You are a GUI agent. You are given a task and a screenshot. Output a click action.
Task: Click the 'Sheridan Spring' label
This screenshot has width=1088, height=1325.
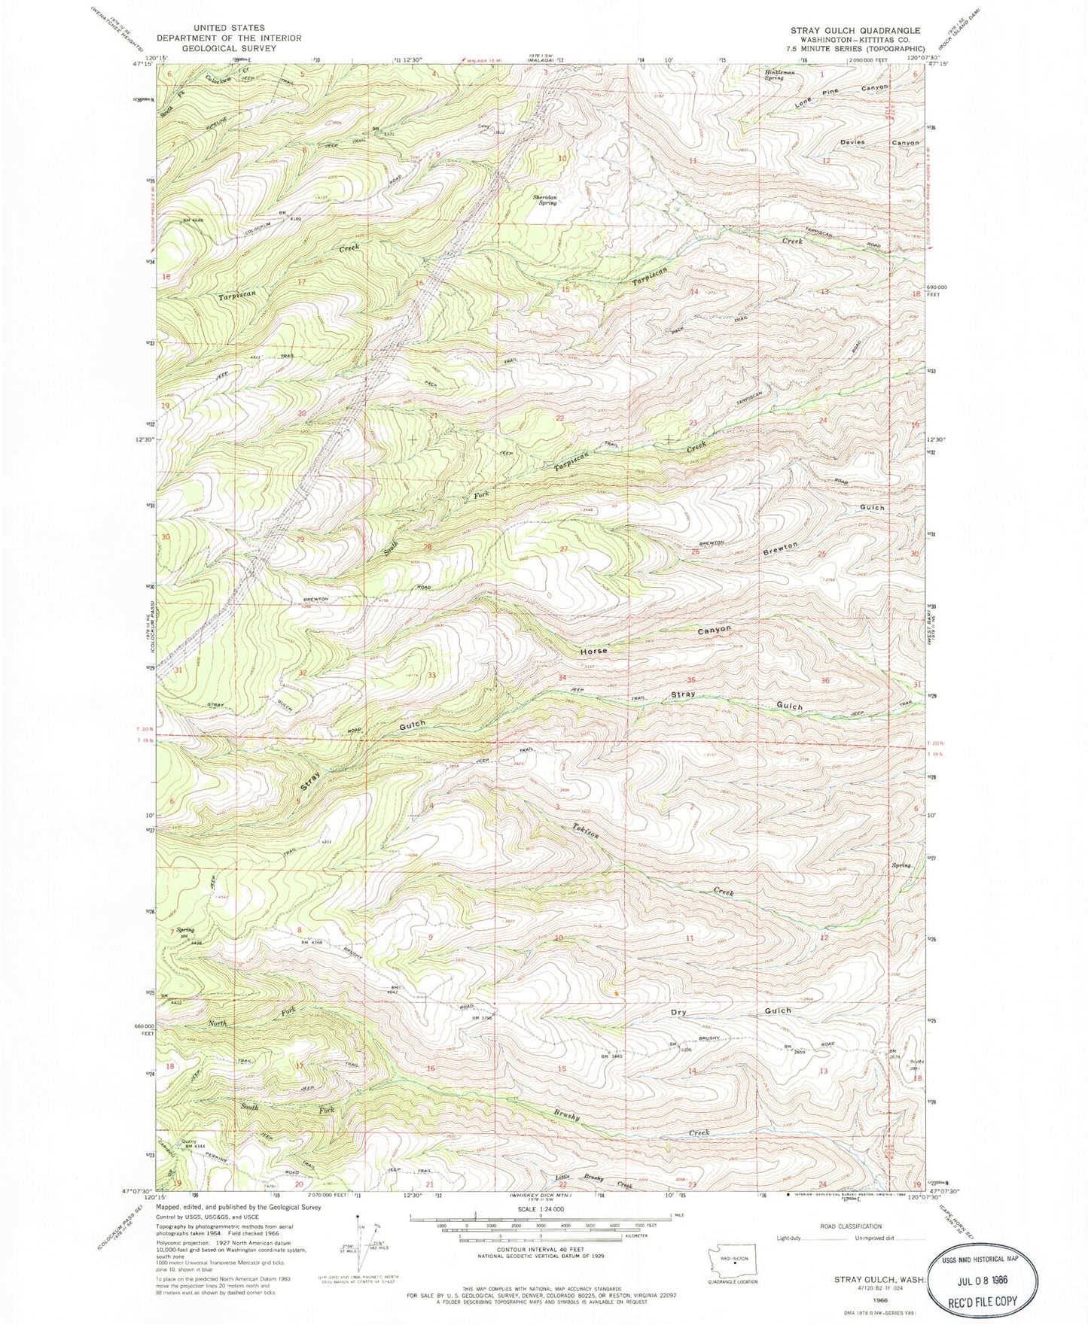coord(549,199)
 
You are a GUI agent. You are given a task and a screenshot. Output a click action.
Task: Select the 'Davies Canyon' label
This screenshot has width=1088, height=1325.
coord(879,142)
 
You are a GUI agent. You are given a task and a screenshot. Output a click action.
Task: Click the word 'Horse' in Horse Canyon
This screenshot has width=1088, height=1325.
coord(593,650)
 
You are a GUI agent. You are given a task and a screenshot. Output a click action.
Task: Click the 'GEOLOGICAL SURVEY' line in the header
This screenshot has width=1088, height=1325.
coord(218,48)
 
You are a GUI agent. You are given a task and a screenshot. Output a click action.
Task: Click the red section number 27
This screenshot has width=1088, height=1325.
coord(563,549)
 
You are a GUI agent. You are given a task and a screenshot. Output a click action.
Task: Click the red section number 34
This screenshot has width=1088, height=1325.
coord(562,677)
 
